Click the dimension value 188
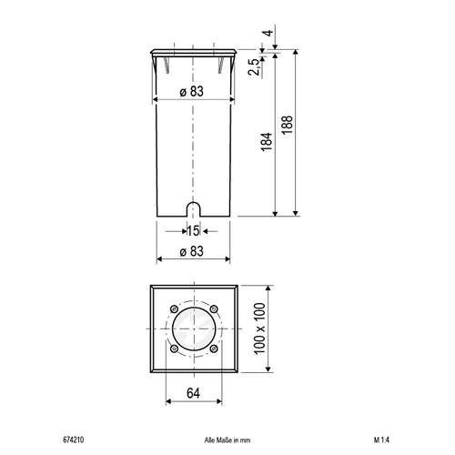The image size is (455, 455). click(287, 125)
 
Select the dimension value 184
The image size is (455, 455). click(267, 142)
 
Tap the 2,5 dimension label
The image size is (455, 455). click(254, 66)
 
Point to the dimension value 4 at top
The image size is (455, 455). click(268, 33)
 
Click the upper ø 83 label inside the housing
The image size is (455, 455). click(191, 92)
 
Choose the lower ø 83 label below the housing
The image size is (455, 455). click(191, 251)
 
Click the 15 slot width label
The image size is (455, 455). click(193, 231)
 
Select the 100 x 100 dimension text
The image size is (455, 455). click(259, 329)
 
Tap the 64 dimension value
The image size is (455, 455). click(193, 393)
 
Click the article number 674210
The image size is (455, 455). click(74, 440)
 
